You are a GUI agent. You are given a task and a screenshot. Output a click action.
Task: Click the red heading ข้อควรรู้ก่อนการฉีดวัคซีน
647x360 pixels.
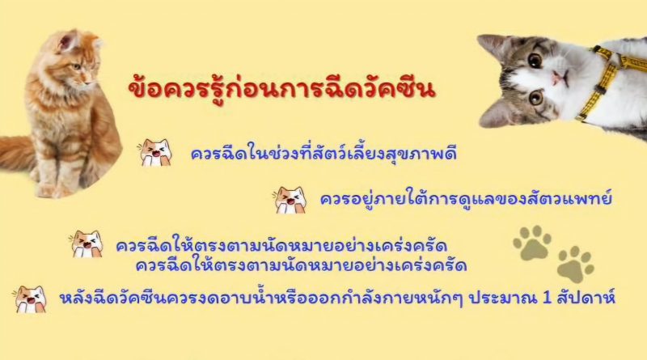tap(281, 88)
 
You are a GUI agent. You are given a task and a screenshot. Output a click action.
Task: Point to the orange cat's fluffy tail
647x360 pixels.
tap(15, 152)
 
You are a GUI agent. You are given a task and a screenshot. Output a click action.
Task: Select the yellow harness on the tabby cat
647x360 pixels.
tap(607, 78)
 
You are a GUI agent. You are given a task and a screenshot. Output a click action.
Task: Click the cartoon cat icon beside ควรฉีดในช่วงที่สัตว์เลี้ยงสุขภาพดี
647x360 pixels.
tap(155, 153)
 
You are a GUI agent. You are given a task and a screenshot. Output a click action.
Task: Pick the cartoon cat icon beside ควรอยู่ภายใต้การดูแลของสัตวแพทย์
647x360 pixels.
tap(290, 200)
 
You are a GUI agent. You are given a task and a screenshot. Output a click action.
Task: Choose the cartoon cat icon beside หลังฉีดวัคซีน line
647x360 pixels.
tap(30, 299)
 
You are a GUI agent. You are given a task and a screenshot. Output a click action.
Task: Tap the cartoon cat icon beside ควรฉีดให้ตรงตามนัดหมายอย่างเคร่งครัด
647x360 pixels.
tap(87, 244)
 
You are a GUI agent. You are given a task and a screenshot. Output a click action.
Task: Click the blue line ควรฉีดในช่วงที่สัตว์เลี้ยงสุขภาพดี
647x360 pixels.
tap(323, 154)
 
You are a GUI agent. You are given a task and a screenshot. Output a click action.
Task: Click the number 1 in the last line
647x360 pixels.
tap(548, 298)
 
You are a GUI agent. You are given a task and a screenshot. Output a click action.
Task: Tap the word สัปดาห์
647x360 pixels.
tap(586, 297)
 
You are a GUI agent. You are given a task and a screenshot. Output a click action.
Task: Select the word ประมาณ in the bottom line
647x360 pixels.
tap(503, 298)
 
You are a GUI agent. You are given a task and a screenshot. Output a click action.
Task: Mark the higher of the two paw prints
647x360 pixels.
tap(532, 243)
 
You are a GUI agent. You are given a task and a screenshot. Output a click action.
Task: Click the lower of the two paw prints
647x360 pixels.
tap(576, 265)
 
